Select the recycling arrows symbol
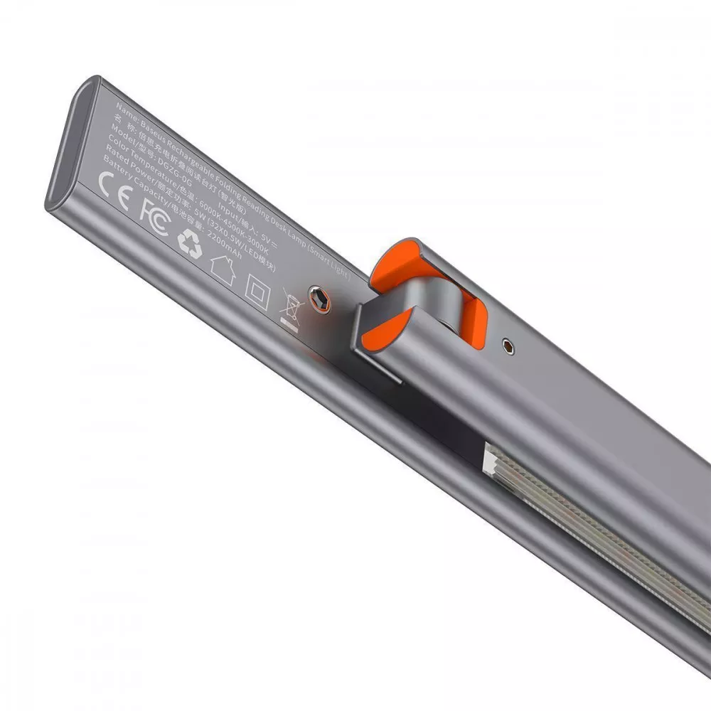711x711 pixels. click(190, 242)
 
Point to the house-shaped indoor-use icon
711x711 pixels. click(222, 270)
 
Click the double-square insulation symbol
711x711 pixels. click(255, 289)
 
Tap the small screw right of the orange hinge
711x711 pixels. click(506, 346)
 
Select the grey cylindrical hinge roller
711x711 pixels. click(419, 313)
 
